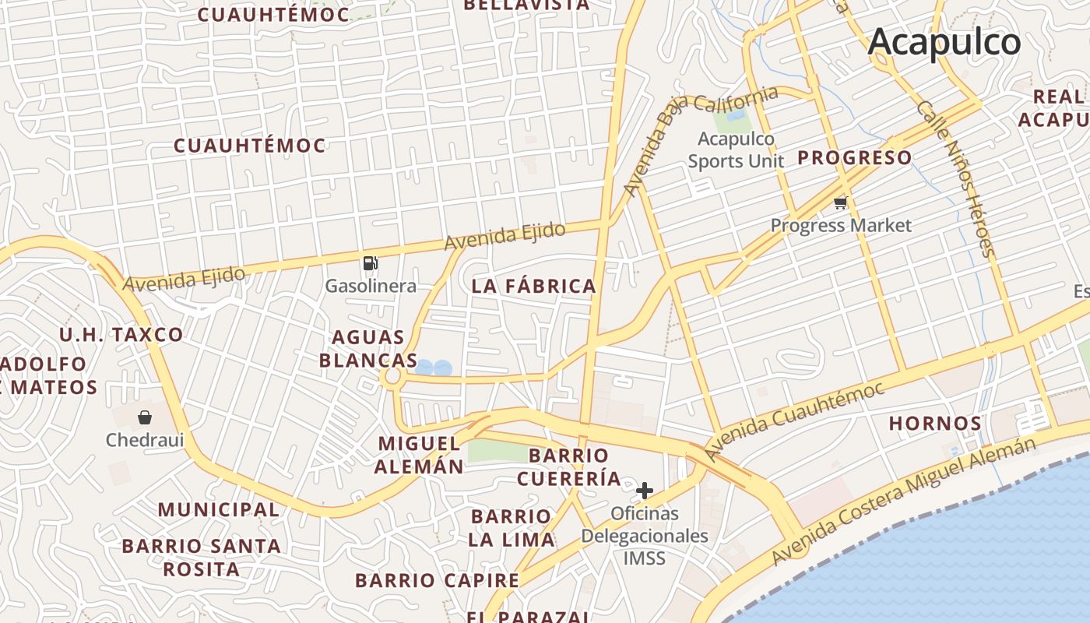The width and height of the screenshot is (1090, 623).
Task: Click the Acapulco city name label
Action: coord(944,41)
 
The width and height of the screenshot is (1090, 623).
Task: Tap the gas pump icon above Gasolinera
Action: coord(371,263)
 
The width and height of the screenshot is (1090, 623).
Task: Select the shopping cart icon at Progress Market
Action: coord(840,203)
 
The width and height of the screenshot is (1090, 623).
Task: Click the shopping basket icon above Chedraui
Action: coord(145,417)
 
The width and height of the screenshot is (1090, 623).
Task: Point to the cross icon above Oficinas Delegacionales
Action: coord(645,491)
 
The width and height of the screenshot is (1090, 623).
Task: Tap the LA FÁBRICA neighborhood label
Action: coord(534,287)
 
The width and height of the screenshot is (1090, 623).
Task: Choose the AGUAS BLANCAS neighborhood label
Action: coord(368,349)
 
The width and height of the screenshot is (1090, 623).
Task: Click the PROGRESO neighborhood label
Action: coord(854,158)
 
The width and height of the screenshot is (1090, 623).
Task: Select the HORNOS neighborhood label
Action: coord(935,424)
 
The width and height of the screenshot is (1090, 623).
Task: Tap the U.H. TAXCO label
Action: coord(121,336)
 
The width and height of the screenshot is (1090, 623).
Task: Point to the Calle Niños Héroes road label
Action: coord(955,178)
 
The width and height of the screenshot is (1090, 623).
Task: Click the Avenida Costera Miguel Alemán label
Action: coord(904,499)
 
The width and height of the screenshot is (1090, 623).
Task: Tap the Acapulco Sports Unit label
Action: coord(736,150)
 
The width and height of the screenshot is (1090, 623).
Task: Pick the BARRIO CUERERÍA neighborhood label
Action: coord(569,466)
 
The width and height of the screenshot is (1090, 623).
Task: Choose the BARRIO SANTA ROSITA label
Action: coord(201,557)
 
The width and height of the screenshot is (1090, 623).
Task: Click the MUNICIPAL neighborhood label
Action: coord(219,510)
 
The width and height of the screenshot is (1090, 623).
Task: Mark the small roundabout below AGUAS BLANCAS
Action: coord(392,378)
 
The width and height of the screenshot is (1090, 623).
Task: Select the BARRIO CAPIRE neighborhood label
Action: coord(437,580)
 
